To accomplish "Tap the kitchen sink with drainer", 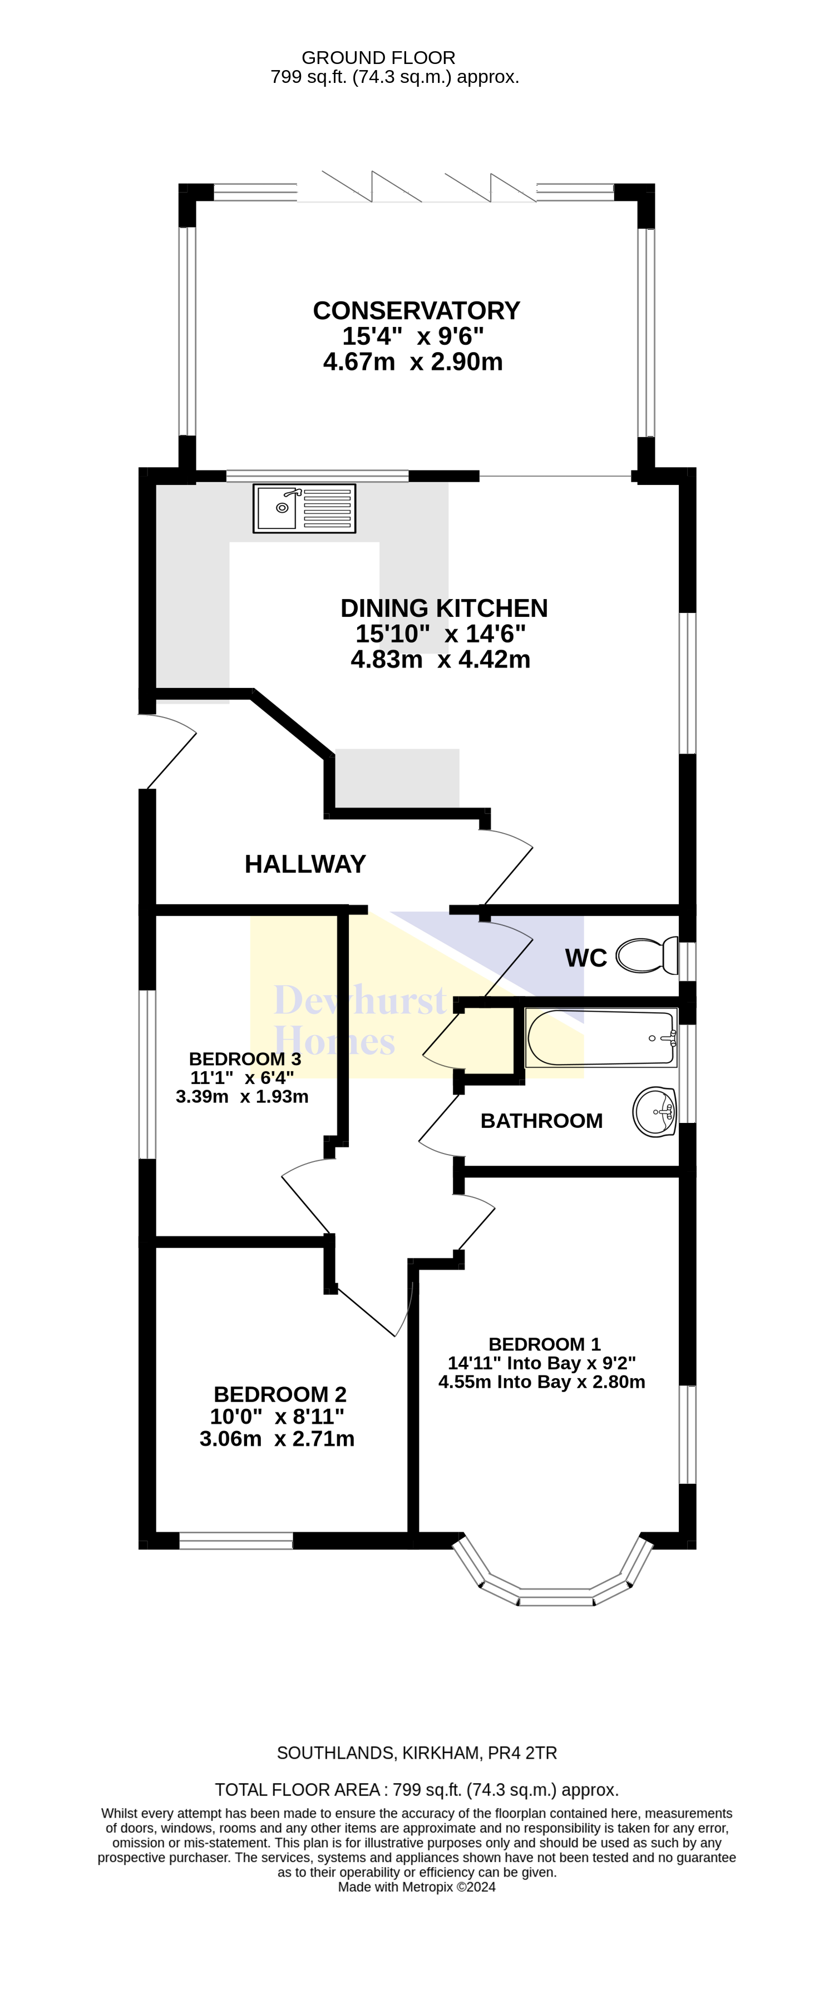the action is pyautogui.click(x=304, y=508).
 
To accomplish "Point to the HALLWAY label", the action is pyautogui.click(x=305, y=864).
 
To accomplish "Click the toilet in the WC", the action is pyautogui.click(x=647, y=956).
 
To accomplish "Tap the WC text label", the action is pyautogui.click(x=586, y=958).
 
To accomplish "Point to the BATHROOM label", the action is pyautogui.click(x=541, y=1121).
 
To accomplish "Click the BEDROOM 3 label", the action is pyautogui.click(x=245, y=1059).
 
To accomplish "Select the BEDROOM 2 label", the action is pyautogui.click(x=280, y=1394).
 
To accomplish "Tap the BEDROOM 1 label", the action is pyautogui.click(x=544, y=1344).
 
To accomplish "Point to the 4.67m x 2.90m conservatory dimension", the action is pyautogui.click(x=413, y=362).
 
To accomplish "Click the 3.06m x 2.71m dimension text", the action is pyautogui.click(x=277, y=1438).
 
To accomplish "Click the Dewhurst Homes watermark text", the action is pyautogui.click(x=359, y=1019).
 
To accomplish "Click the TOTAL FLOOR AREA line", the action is pyautogui.click(x=417, y=1790).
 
